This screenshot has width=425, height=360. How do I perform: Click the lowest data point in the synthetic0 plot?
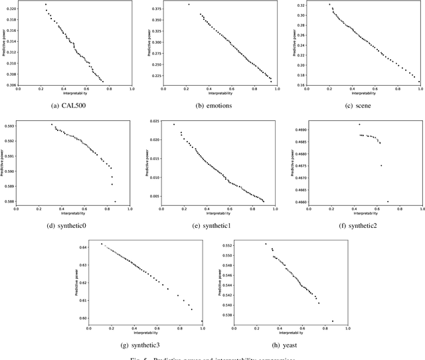click(115, 201)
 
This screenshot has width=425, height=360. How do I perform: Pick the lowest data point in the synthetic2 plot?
click(388, 201)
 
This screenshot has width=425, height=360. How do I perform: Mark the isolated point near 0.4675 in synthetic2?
click(381, 165)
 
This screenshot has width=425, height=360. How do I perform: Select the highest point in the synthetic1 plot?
click(174, 124)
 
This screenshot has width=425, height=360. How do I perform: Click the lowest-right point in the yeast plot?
click(333, 321)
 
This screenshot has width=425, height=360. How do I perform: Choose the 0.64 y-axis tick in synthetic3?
click(82, 247)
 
